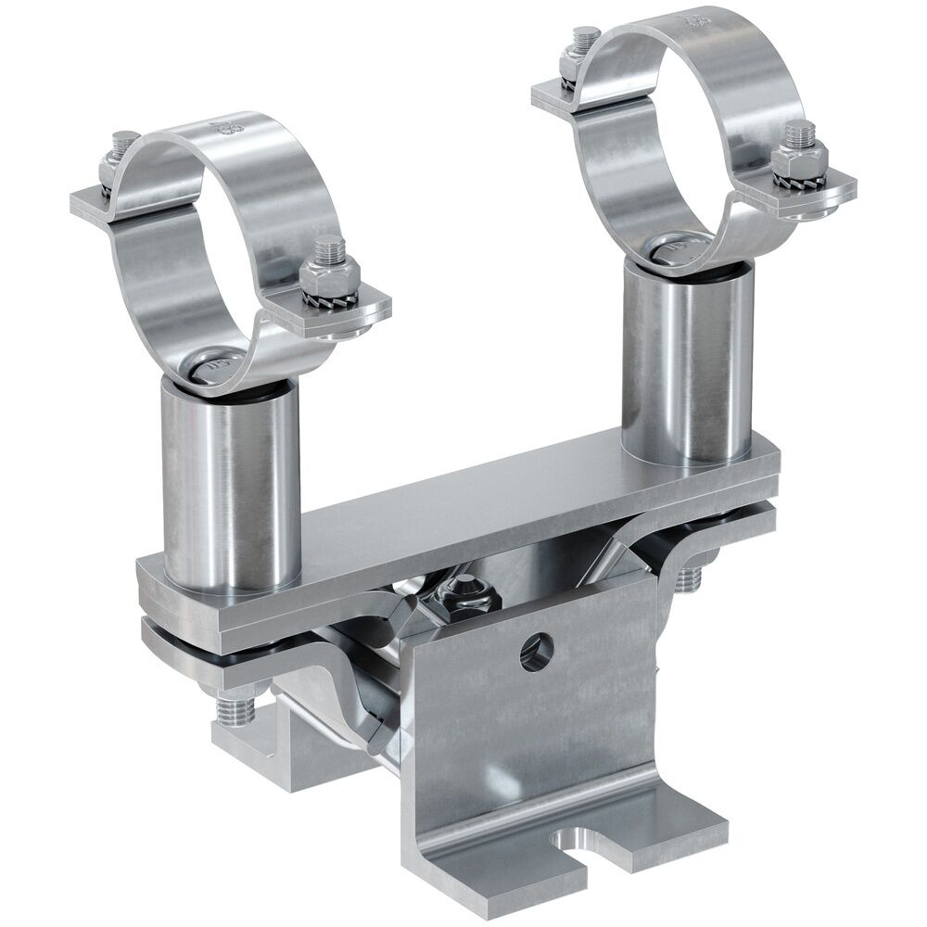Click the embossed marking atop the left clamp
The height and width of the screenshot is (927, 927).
(221, 127)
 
